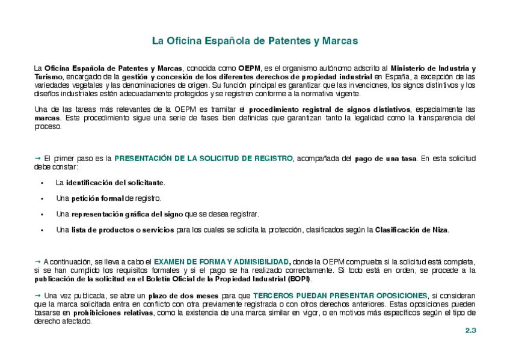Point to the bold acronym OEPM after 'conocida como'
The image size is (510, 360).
point(249,68)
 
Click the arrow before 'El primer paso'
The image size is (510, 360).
point(37,158)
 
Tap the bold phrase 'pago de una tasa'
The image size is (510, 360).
point(385,159)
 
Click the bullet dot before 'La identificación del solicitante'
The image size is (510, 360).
point(42,183)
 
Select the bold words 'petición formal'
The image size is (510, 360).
point(97,198)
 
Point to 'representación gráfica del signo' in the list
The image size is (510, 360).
point(127,214)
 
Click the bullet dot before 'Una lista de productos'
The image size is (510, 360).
point(42,230)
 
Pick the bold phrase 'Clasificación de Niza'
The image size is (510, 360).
point(411,230)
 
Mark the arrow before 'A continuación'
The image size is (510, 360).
point(37,261)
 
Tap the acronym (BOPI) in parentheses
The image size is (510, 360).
point(299,279)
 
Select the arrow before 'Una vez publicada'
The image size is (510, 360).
point(37,295)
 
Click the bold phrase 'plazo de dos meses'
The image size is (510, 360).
point(184,296)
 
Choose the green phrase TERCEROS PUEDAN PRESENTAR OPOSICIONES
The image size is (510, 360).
point(340,296)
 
